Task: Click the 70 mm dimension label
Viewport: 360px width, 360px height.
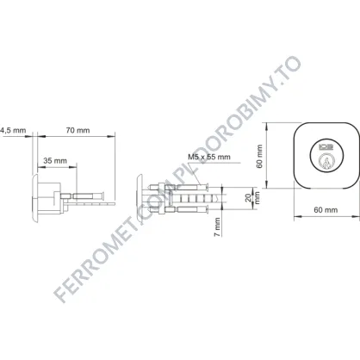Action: [x=78, y=130]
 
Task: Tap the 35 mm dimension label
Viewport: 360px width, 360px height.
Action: [x=55, y=160]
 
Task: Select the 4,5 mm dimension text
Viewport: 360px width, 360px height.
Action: [x=13, y=131]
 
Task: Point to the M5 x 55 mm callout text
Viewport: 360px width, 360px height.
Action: [x=209, y=157]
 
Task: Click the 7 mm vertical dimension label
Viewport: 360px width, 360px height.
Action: [x=218, y=227]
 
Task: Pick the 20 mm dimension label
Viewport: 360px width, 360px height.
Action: [x=253, y=197]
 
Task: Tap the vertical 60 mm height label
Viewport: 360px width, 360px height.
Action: [x=259, y=156]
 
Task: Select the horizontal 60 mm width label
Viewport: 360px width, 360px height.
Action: [x=326, y=210]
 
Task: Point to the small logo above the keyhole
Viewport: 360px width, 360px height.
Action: [x=326, y=147]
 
